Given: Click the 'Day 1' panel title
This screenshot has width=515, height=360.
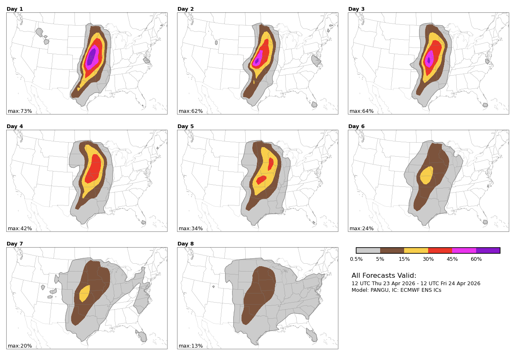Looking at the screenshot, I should (14, 9).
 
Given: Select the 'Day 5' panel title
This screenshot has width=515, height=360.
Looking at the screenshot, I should (185, 126).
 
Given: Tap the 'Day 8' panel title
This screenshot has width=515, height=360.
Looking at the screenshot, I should (185, 244).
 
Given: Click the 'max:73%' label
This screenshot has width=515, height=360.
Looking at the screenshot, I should (20, 111).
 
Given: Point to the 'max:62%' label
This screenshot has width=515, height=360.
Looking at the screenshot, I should (191, 111).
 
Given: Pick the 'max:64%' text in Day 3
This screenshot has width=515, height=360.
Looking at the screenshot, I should (362, 111).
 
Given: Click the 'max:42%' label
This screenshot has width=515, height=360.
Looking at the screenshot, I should (20, 229).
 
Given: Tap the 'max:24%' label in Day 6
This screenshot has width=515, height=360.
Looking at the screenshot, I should (362, 229).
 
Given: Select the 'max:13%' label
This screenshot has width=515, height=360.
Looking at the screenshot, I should (191, 346).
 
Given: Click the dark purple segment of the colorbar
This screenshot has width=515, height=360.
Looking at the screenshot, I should (488, 250).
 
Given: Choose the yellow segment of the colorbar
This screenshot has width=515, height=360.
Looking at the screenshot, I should (416, 250).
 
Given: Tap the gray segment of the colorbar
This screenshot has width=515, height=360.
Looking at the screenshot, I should (368, 250).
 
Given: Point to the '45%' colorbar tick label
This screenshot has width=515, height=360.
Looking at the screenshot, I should (452, 259).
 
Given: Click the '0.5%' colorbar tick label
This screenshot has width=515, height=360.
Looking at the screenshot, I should (356, 259).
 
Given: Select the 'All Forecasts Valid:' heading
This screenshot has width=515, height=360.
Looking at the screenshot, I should (384, 276).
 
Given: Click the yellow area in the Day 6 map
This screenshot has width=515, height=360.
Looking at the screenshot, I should (426, 176).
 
